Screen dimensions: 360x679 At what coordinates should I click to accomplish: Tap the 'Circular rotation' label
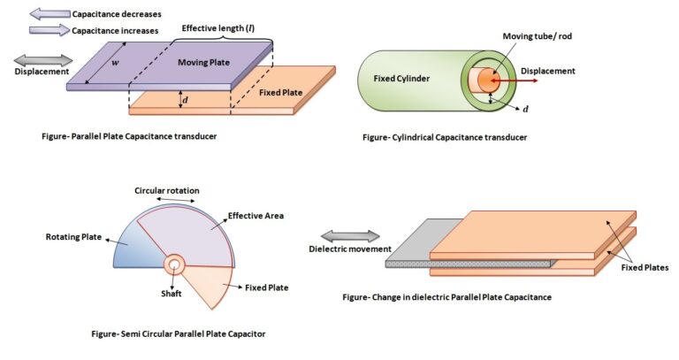(x=167, y=190)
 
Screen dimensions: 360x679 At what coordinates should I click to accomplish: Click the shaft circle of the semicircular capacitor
(x=174, y=264)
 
